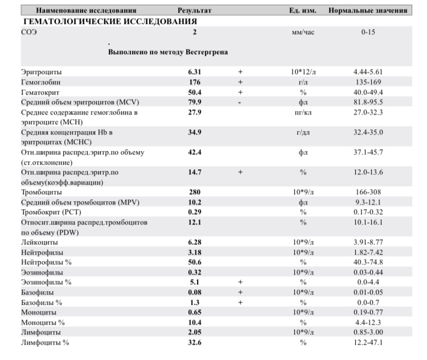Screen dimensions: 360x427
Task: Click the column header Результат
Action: coord(194,11)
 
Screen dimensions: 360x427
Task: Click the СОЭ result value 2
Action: coord(195,32)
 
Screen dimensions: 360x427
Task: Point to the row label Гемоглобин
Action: coord(41,82)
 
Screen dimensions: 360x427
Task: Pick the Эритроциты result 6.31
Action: coord(195,72)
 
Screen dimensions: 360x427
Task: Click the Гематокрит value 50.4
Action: coord(195,92)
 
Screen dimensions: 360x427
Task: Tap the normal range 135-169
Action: coord(372,82)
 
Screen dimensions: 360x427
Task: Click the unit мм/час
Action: coord(303,32)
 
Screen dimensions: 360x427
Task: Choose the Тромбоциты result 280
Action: coord(195,192)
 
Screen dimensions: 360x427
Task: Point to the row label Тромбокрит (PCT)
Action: coord(49,212)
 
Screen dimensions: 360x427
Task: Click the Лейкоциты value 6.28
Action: coord(195,242)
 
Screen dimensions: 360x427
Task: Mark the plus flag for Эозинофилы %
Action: coord(240,282)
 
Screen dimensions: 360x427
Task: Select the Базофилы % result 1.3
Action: coord(195,302)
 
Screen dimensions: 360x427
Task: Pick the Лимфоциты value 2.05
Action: coord(195,332)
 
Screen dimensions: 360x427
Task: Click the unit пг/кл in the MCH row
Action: coord(303,112)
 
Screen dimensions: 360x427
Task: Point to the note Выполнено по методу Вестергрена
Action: coord(168,52)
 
